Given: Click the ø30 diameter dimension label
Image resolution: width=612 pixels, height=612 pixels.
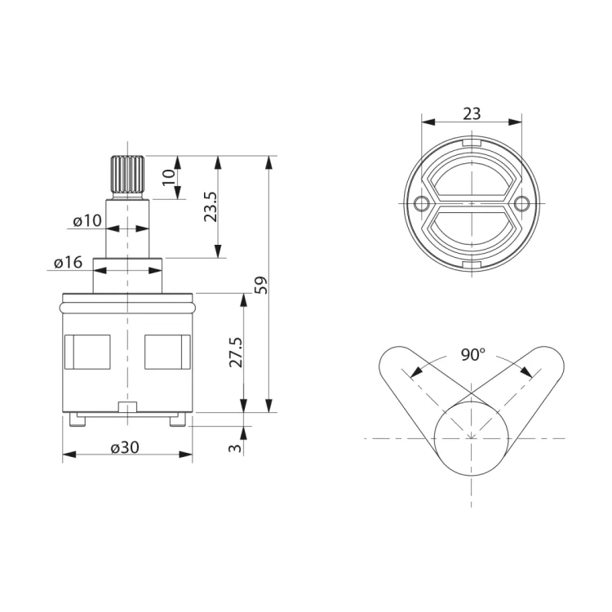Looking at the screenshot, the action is [x=125, y=447].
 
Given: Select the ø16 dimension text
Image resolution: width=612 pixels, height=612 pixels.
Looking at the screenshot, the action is [x=69, y=262].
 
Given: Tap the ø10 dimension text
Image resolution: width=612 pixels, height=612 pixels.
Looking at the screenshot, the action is [x=87, y=221].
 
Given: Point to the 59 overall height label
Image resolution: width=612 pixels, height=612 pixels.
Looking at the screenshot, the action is [x=261, y=285].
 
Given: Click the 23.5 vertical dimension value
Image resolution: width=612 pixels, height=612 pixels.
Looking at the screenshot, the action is [x=211, y=206].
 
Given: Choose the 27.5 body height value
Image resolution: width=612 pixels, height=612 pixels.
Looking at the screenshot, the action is [x=236, y=353].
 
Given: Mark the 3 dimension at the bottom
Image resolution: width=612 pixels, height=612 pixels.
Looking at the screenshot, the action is [x=235, y=448].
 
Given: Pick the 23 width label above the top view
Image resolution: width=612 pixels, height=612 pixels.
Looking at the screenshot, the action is [x=472, y=113].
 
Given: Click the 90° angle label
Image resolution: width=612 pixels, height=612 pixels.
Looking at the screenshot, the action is [x=472, y=354].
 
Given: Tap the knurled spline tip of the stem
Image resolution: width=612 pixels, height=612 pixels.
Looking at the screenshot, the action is [x=127, y=174].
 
